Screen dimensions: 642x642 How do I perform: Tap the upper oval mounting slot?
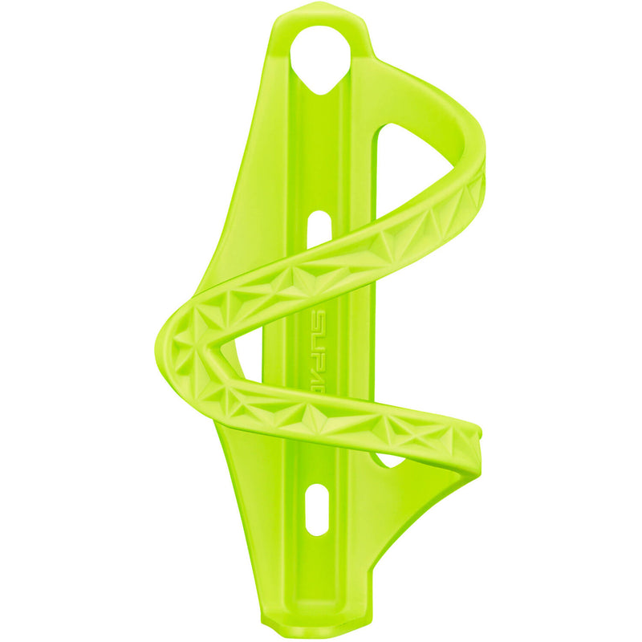319,224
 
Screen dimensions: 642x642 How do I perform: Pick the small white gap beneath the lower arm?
391,461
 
